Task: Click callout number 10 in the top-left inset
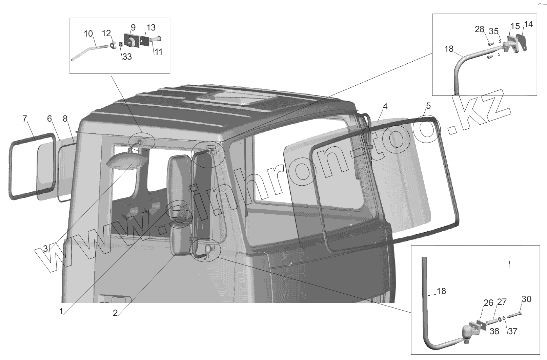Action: (x=88, y=34)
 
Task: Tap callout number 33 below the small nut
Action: (x=127, y=57)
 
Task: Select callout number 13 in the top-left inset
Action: (x=151, y=27)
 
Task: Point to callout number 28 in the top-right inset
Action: (x=479, y=29)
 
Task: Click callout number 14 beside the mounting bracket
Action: (x=528, y=24)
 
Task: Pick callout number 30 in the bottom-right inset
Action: (x=526, y=299)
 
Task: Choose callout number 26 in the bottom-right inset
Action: (x=488, y=302)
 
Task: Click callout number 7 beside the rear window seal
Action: (x=24, y=119)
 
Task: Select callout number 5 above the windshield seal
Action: (x=428, y=106)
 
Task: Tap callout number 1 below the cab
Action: (x=61, y=311)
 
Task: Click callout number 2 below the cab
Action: (x=115, y=313)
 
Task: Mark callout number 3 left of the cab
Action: (x=46, y=248)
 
